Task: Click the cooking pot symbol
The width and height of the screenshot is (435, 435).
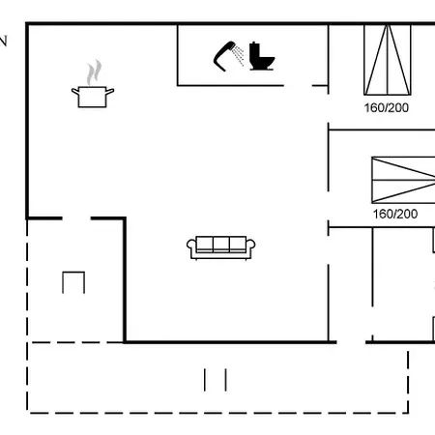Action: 93,97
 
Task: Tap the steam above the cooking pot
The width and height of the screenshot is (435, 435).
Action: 94,72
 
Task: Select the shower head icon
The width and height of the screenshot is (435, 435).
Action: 224,56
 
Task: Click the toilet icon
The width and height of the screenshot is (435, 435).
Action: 262,56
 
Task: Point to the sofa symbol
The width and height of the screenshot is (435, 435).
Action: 221,247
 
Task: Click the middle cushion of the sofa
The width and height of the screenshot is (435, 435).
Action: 221,244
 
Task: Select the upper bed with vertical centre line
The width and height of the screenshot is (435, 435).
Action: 388,60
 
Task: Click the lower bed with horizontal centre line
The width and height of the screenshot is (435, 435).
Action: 403,180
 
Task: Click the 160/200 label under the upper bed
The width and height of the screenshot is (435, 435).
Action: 387,107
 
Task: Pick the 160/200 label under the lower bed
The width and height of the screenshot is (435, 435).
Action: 395,214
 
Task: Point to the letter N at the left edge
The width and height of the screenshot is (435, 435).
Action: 3,42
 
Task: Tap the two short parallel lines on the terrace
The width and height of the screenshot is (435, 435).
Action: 216,380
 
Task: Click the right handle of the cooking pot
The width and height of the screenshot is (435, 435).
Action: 110,92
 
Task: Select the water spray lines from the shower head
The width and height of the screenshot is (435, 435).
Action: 239,55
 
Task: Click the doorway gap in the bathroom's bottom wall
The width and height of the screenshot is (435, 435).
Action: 298,86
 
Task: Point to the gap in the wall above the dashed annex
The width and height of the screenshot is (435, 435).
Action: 76,218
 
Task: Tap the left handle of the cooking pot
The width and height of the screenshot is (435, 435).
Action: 75,92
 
